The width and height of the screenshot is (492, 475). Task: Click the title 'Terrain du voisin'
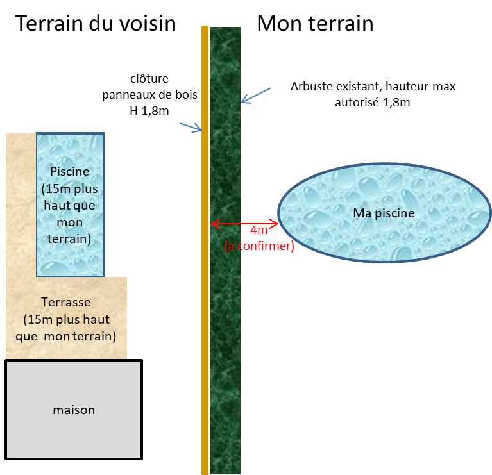[x=96, y=24]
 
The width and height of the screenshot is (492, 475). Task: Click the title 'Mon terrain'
[x=315, y=24]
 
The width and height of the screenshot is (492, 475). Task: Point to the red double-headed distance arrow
[x=244, y=224]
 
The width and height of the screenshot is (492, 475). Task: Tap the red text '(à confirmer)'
[x=259, y=246]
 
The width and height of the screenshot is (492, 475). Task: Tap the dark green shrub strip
[x=225, y=321]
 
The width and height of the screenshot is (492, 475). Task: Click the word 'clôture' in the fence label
[x=148, y=79]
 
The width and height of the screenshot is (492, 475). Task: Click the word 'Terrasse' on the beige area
[x=66, y=302]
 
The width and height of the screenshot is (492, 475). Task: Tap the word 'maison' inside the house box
[x=74, y=410]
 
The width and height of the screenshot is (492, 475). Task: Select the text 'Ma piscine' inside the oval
[x=384, y=213]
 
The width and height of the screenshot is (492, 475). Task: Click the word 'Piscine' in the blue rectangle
[x=69, y=172]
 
